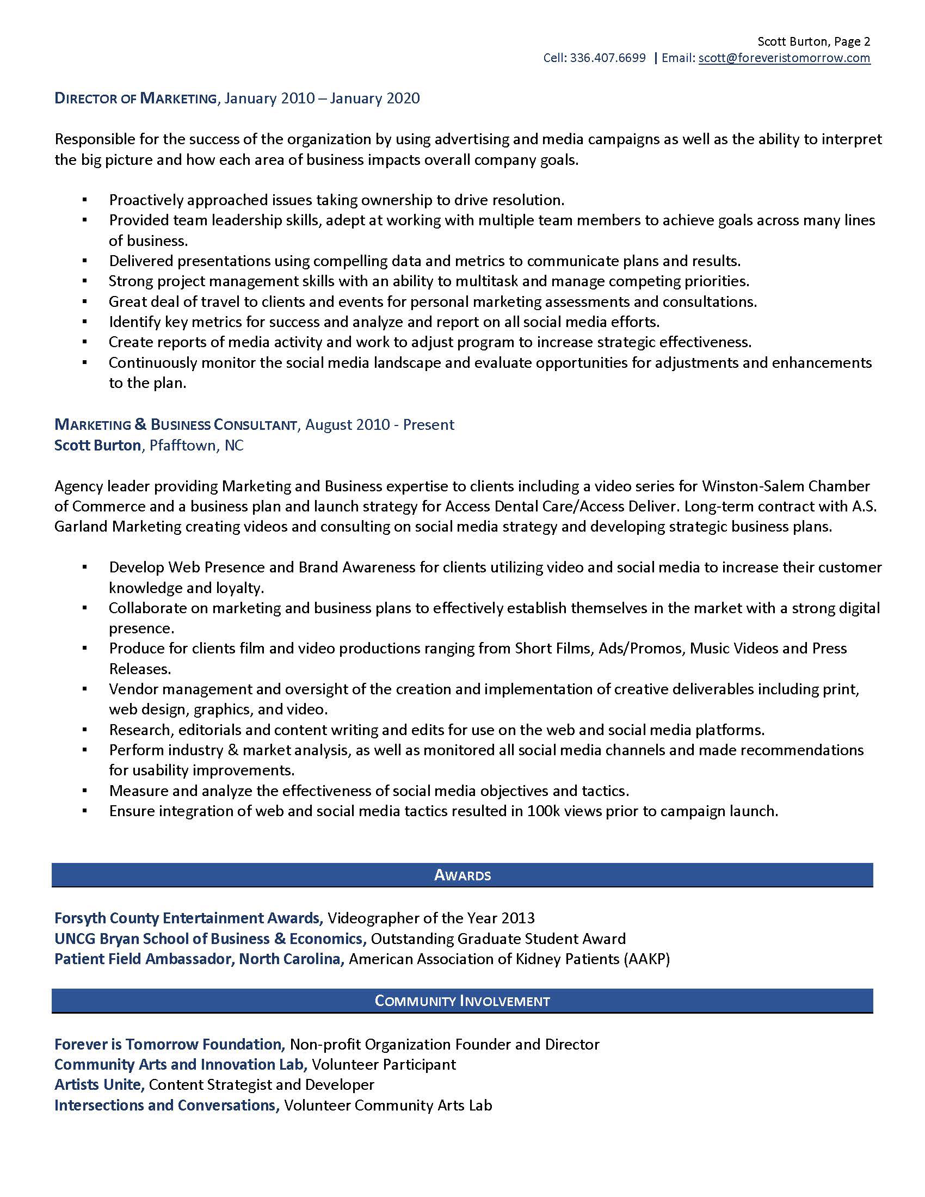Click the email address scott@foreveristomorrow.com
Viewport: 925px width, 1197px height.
(784, 58)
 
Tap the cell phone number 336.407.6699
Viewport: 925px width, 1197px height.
(608, 58)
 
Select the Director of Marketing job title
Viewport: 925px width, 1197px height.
(136, 98)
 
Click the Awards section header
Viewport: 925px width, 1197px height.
(462, 875)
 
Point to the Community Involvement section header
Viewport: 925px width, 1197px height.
(462, 1001)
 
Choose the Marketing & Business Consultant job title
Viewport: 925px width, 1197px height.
(176, 425)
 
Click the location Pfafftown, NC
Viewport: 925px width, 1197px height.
(196, 445)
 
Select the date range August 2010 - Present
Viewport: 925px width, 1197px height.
(379, 425)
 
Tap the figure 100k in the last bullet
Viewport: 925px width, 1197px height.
(543, 811)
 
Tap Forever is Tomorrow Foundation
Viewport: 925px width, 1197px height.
(170, 1044)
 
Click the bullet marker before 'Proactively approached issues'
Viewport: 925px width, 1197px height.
(84, 200)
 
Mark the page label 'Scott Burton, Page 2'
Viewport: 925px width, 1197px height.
(813, 42)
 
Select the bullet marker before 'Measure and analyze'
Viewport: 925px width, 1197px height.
(84, 791)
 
